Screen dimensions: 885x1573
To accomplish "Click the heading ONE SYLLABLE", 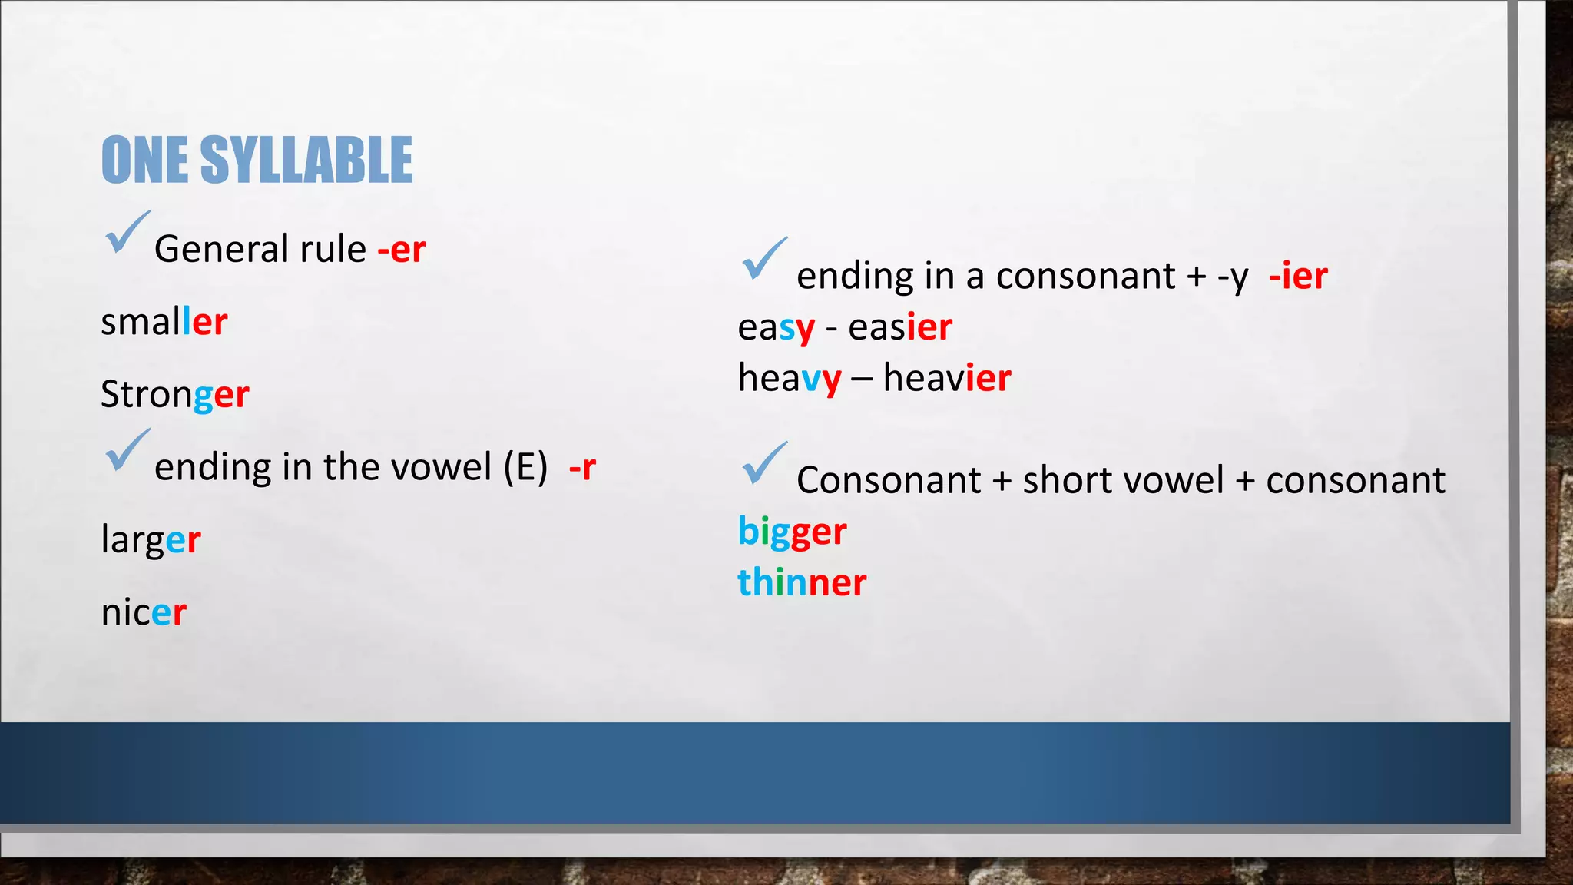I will [257, 160].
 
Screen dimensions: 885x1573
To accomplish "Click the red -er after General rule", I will [402, 249].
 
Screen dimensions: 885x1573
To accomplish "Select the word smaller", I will [164, 321].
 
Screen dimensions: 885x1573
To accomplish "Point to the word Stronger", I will [174, 394].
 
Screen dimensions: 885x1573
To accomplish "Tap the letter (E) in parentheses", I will [525, 467].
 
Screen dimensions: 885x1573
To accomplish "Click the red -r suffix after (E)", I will [582, 467].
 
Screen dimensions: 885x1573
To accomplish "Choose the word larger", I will [151, 539].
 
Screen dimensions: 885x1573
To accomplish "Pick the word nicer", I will [144, 612].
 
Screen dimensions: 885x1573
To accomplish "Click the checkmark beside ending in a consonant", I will [764, 259].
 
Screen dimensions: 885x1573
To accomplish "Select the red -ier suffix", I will [1298, 276].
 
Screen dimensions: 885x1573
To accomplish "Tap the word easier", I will [900, 327].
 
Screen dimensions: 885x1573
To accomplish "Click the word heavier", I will [947, 378].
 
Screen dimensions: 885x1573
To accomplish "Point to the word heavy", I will [790, 378].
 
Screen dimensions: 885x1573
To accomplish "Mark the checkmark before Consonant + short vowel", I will [764, 464].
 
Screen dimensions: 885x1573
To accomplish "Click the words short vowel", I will [1123, 481].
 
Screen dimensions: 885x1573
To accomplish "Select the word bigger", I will [792, 532].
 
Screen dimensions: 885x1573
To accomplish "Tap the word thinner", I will [802, 582].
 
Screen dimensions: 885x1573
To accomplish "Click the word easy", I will [776, 327].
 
